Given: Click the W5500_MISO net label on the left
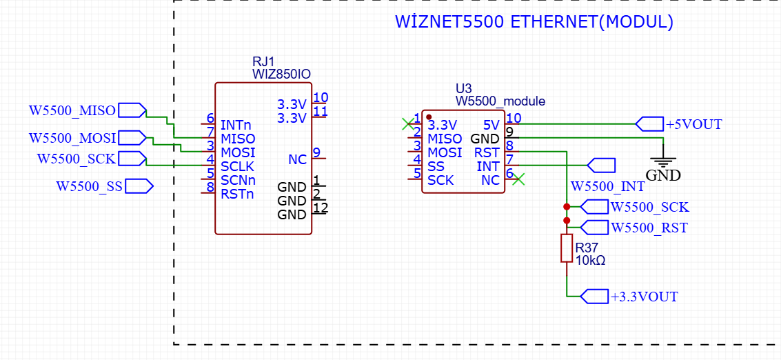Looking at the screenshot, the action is (72, 110).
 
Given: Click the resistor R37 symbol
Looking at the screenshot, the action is (567, 248).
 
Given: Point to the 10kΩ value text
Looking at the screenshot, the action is (590, 260).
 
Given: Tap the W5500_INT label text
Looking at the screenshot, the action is (608, 186).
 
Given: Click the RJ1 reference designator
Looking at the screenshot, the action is (263, 62).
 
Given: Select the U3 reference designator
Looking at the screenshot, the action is (463, 88).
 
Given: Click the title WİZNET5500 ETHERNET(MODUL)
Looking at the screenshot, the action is (534, 22).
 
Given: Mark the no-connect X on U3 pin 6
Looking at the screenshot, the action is (518, 179).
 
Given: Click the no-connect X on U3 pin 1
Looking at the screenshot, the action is (407, 123).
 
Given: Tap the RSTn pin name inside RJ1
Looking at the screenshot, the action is (237, 194).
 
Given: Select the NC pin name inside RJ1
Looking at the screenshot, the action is (297, 159).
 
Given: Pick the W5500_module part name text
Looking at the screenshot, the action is (500, 101).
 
